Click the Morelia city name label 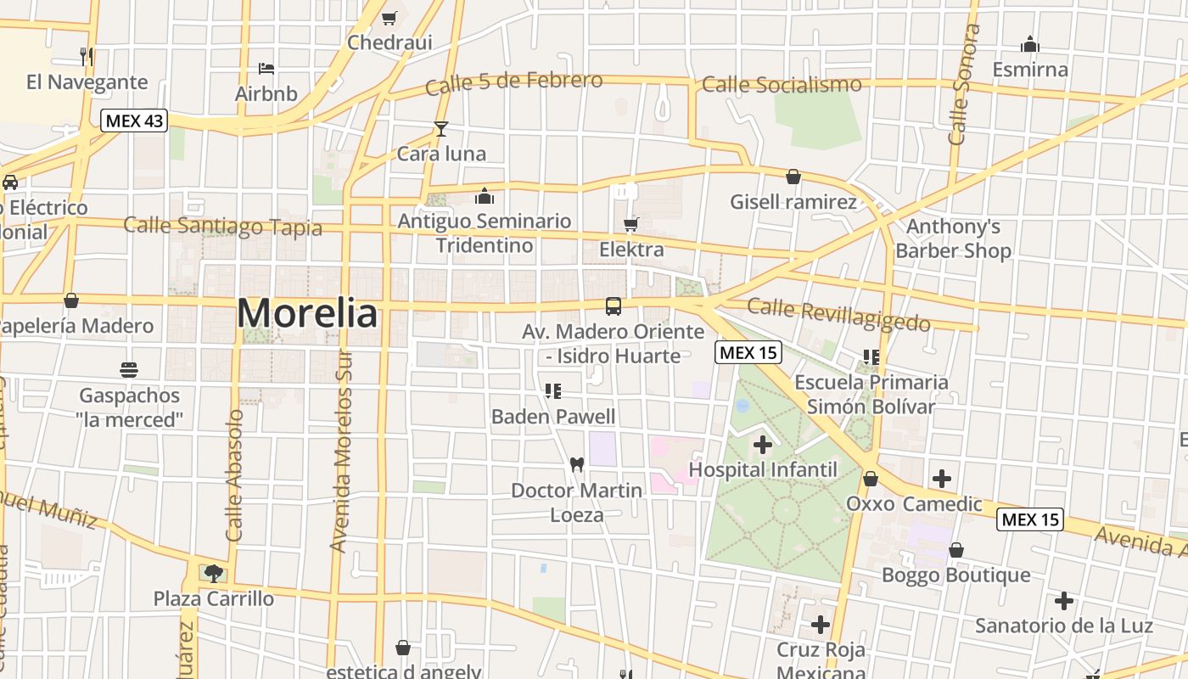coord(307,313)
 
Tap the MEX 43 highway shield coord(134,121)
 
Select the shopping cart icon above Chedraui coord(389,18)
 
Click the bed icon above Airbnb coord(266,68)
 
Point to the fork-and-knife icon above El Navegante coord(86,56)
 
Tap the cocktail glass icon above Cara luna coord(440,129)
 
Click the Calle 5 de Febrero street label coord(514,82)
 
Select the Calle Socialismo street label coord(782,84)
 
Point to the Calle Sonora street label coord(961,85)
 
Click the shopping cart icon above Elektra coord(630,224)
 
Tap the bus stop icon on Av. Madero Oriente coord(613,306)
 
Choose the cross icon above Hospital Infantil coord(762,444)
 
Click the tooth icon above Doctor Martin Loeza coord(577,464)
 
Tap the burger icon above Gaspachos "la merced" coord(129,369)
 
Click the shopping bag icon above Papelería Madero coord(71,300)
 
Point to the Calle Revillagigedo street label coord(838,314)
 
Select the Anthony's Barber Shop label coord(953,238)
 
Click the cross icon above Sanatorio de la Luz coord(1063,601)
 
